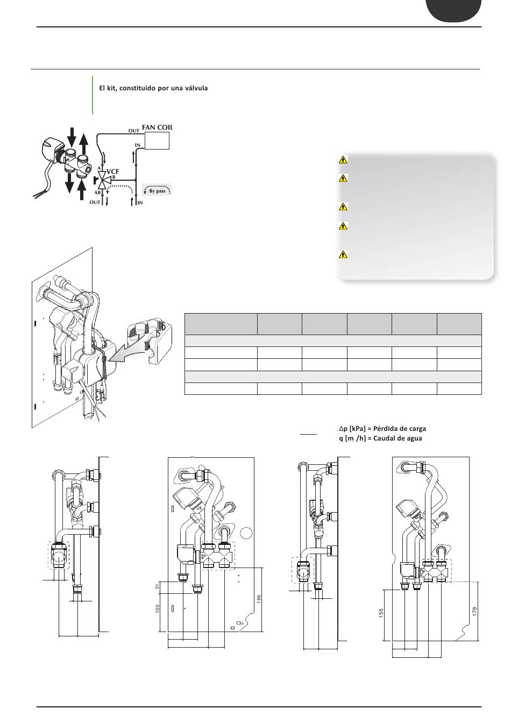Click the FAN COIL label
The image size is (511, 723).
tap(157, 127)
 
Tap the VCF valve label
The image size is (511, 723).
tap(112, 172)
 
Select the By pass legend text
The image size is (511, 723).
tap(157, 191)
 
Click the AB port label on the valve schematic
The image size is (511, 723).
tap(97, 193)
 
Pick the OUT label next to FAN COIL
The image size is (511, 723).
tap(133, 131)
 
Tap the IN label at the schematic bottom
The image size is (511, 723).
tap(140, 203)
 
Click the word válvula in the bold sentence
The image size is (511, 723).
tap(194, 88)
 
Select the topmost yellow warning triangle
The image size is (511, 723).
tap(343, 159)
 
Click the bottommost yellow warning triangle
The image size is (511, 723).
tap(343, 254)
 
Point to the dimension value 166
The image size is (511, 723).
tap(259, 600)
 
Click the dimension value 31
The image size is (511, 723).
tap(158, 586)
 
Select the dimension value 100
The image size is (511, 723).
tap(158, 609)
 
